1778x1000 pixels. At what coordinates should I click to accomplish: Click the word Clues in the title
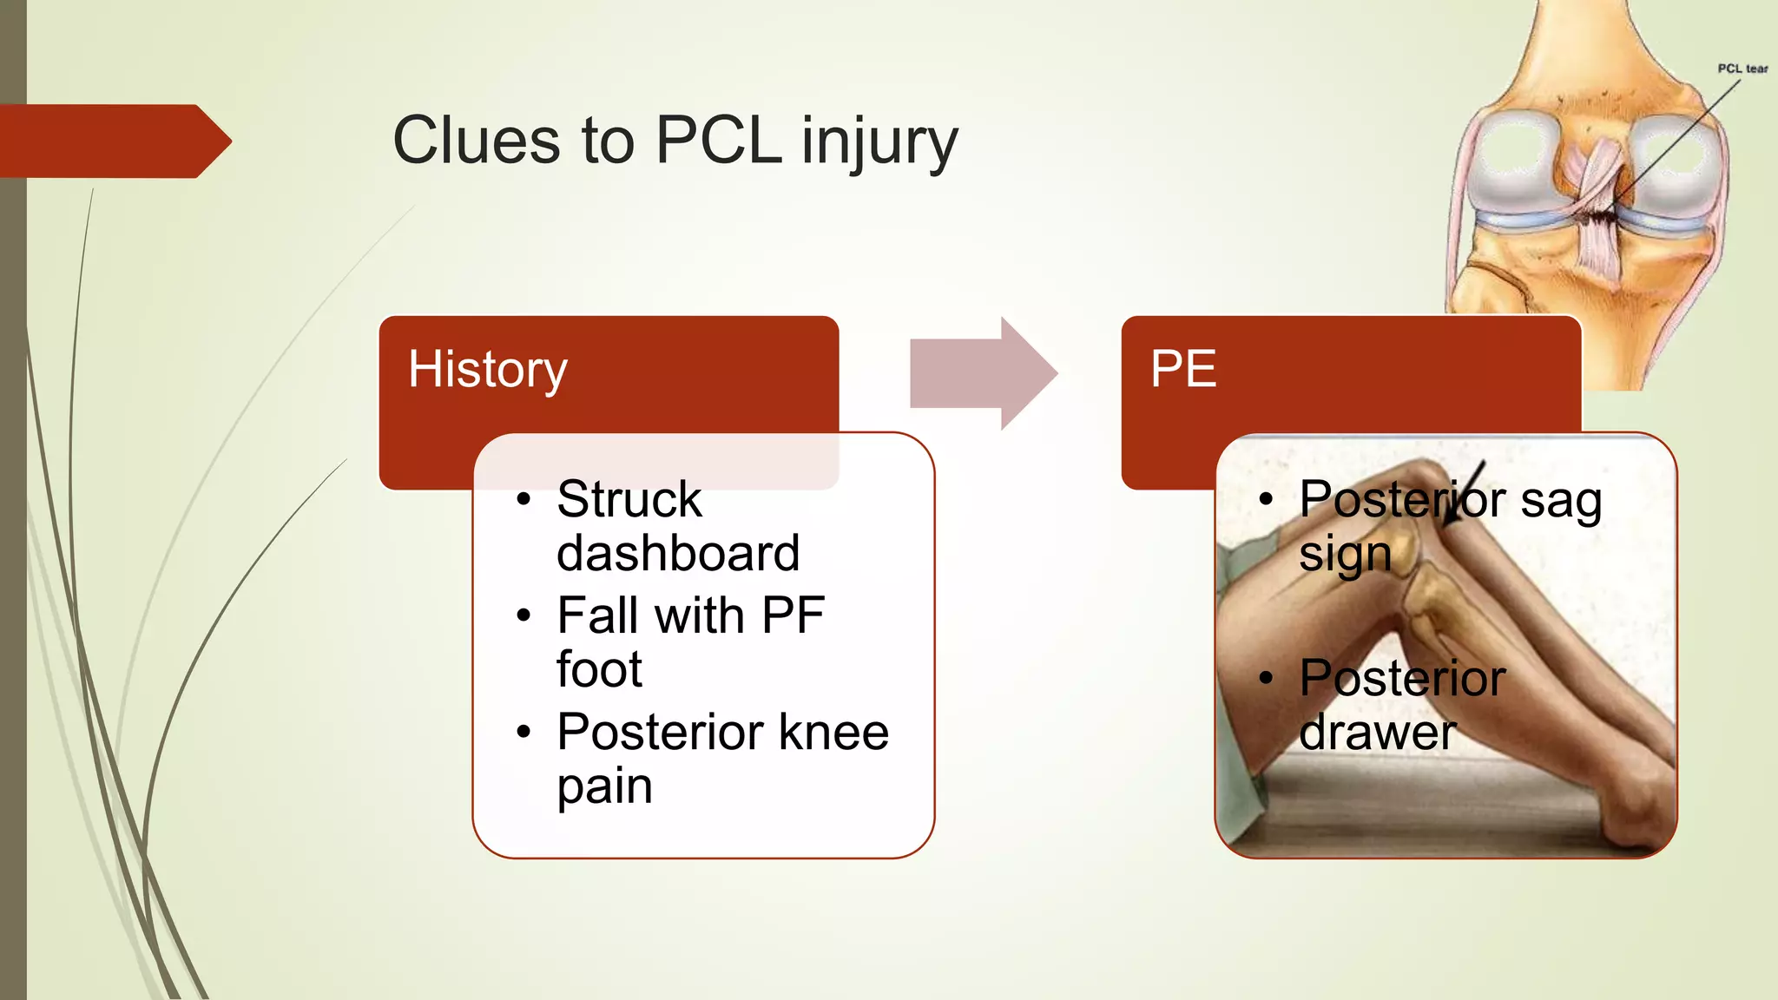[x=477, y=141]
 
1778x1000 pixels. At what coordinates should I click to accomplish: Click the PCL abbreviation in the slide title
[x=719, y=141]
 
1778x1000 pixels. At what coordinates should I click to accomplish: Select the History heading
[x=488, y=370]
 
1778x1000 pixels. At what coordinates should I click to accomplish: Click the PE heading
[x=1183, y=370]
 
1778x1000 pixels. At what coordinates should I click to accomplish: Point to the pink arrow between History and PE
[x=981, y=373]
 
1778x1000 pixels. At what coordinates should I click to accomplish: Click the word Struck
[x=629, y=500]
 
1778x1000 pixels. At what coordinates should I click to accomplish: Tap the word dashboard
[x=678, y=554]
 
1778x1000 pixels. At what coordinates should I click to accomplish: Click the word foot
[x=599, y=670]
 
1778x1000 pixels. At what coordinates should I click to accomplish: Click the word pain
[x=604, y=787]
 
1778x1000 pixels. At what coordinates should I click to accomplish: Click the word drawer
[x=1377, y=733]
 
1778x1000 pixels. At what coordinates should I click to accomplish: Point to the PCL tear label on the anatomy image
[x=1742, y=69]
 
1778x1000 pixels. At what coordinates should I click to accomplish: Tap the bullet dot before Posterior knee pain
[x=523, y=733]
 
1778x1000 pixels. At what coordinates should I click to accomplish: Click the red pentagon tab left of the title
[x=113, y=141]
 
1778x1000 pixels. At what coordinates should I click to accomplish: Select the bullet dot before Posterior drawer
[x=1267, y=678]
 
